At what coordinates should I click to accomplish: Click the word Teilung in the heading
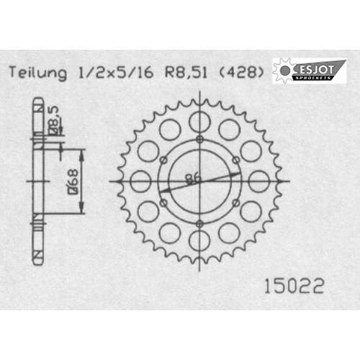(38, 73)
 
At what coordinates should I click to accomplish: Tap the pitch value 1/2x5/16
(116, 72)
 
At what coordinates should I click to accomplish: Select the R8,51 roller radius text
(186, 72)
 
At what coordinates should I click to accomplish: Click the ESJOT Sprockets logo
(310, 71)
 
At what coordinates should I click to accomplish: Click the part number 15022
(294, 287)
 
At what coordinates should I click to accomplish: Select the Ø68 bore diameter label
(72, 181)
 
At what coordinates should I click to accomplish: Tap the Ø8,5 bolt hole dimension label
(54, 120)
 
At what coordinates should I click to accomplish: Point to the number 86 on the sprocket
(194, 179)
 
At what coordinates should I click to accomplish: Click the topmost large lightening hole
(199, 122)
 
